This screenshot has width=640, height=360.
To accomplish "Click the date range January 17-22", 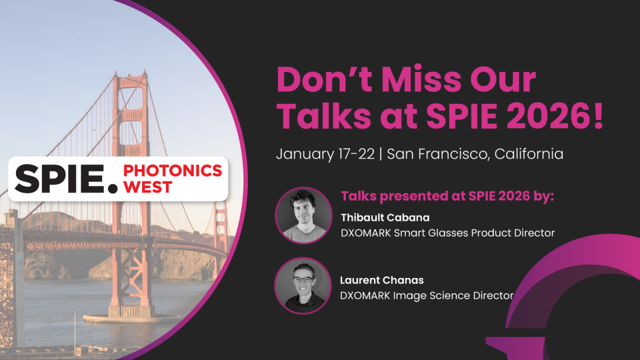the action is [325, 154].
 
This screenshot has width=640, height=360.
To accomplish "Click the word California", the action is [529, 154].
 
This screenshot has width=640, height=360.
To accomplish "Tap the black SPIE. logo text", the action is [66, 179].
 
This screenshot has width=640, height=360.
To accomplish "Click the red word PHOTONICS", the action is [173, 171].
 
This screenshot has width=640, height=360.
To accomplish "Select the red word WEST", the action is [148, 187].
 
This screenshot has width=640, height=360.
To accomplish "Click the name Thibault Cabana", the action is [385, 217].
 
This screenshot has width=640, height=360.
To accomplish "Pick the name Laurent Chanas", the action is [382, 280].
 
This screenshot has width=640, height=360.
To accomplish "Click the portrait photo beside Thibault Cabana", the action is [303, 215].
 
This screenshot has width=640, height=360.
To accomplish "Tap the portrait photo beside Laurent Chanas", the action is [303, 286].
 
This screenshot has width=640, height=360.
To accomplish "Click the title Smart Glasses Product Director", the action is [474, 233].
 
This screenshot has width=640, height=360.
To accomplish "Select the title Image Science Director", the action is [453, 295].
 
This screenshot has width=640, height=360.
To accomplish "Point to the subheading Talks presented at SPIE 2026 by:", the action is [447, 196].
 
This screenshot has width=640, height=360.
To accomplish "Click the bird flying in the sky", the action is [79, 38].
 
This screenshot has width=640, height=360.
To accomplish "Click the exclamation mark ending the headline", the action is [599, 116].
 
